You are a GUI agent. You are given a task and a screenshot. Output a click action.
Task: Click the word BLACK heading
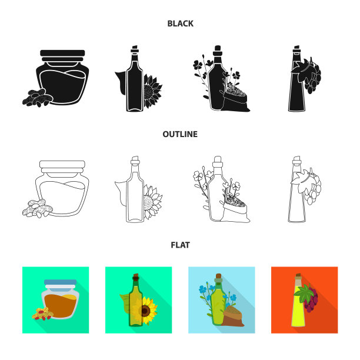180,24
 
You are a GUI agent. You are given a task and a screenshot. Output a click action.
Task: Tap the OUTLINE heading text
180,134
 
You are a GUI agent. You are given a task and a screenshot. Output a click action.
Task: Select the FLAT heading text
180,245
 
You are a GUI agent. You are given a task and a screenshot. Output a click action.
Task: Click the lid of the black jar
62,55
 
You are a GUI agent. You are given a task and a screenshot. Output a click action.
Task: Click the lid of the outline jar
62,166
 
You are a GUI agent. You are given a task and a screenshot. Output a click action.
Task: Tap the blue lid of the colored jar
60,282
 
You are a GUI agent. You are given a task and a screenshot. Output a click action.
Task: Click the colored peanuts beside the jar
43,314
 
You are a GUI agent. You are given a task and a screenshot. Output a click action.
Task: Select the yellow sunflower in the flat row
147,311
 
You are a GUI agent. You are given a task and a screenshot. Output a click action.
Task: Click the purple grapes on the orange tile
312,301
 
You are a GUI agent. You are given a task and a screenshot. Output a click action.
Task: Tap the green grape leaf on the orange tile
304,294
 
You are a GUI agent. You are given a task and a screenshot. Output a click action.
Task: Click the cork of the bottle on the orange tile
298,277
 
